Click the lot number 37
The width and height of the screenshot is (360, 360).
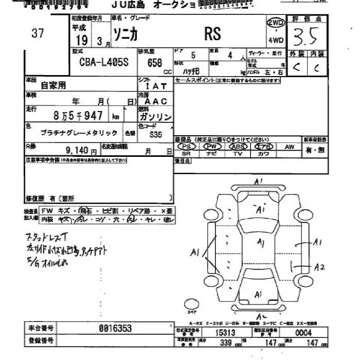pos(38,33)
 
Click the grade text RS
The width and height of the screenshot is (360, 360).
pos(212,34)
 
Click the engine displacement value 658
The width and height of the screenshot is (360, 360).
pos(154,63)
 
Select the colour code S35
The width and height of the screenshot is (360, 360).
pos(156,135)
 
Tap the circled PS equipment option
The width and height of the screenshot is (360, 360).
pos(187,147)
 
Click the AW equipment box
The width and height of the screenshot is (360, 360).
pos(290,147)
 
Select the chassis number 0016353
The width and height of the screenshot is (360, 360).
pos(115,328)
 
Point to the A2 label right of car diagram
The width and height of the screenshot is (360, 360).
pos(320,266)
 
